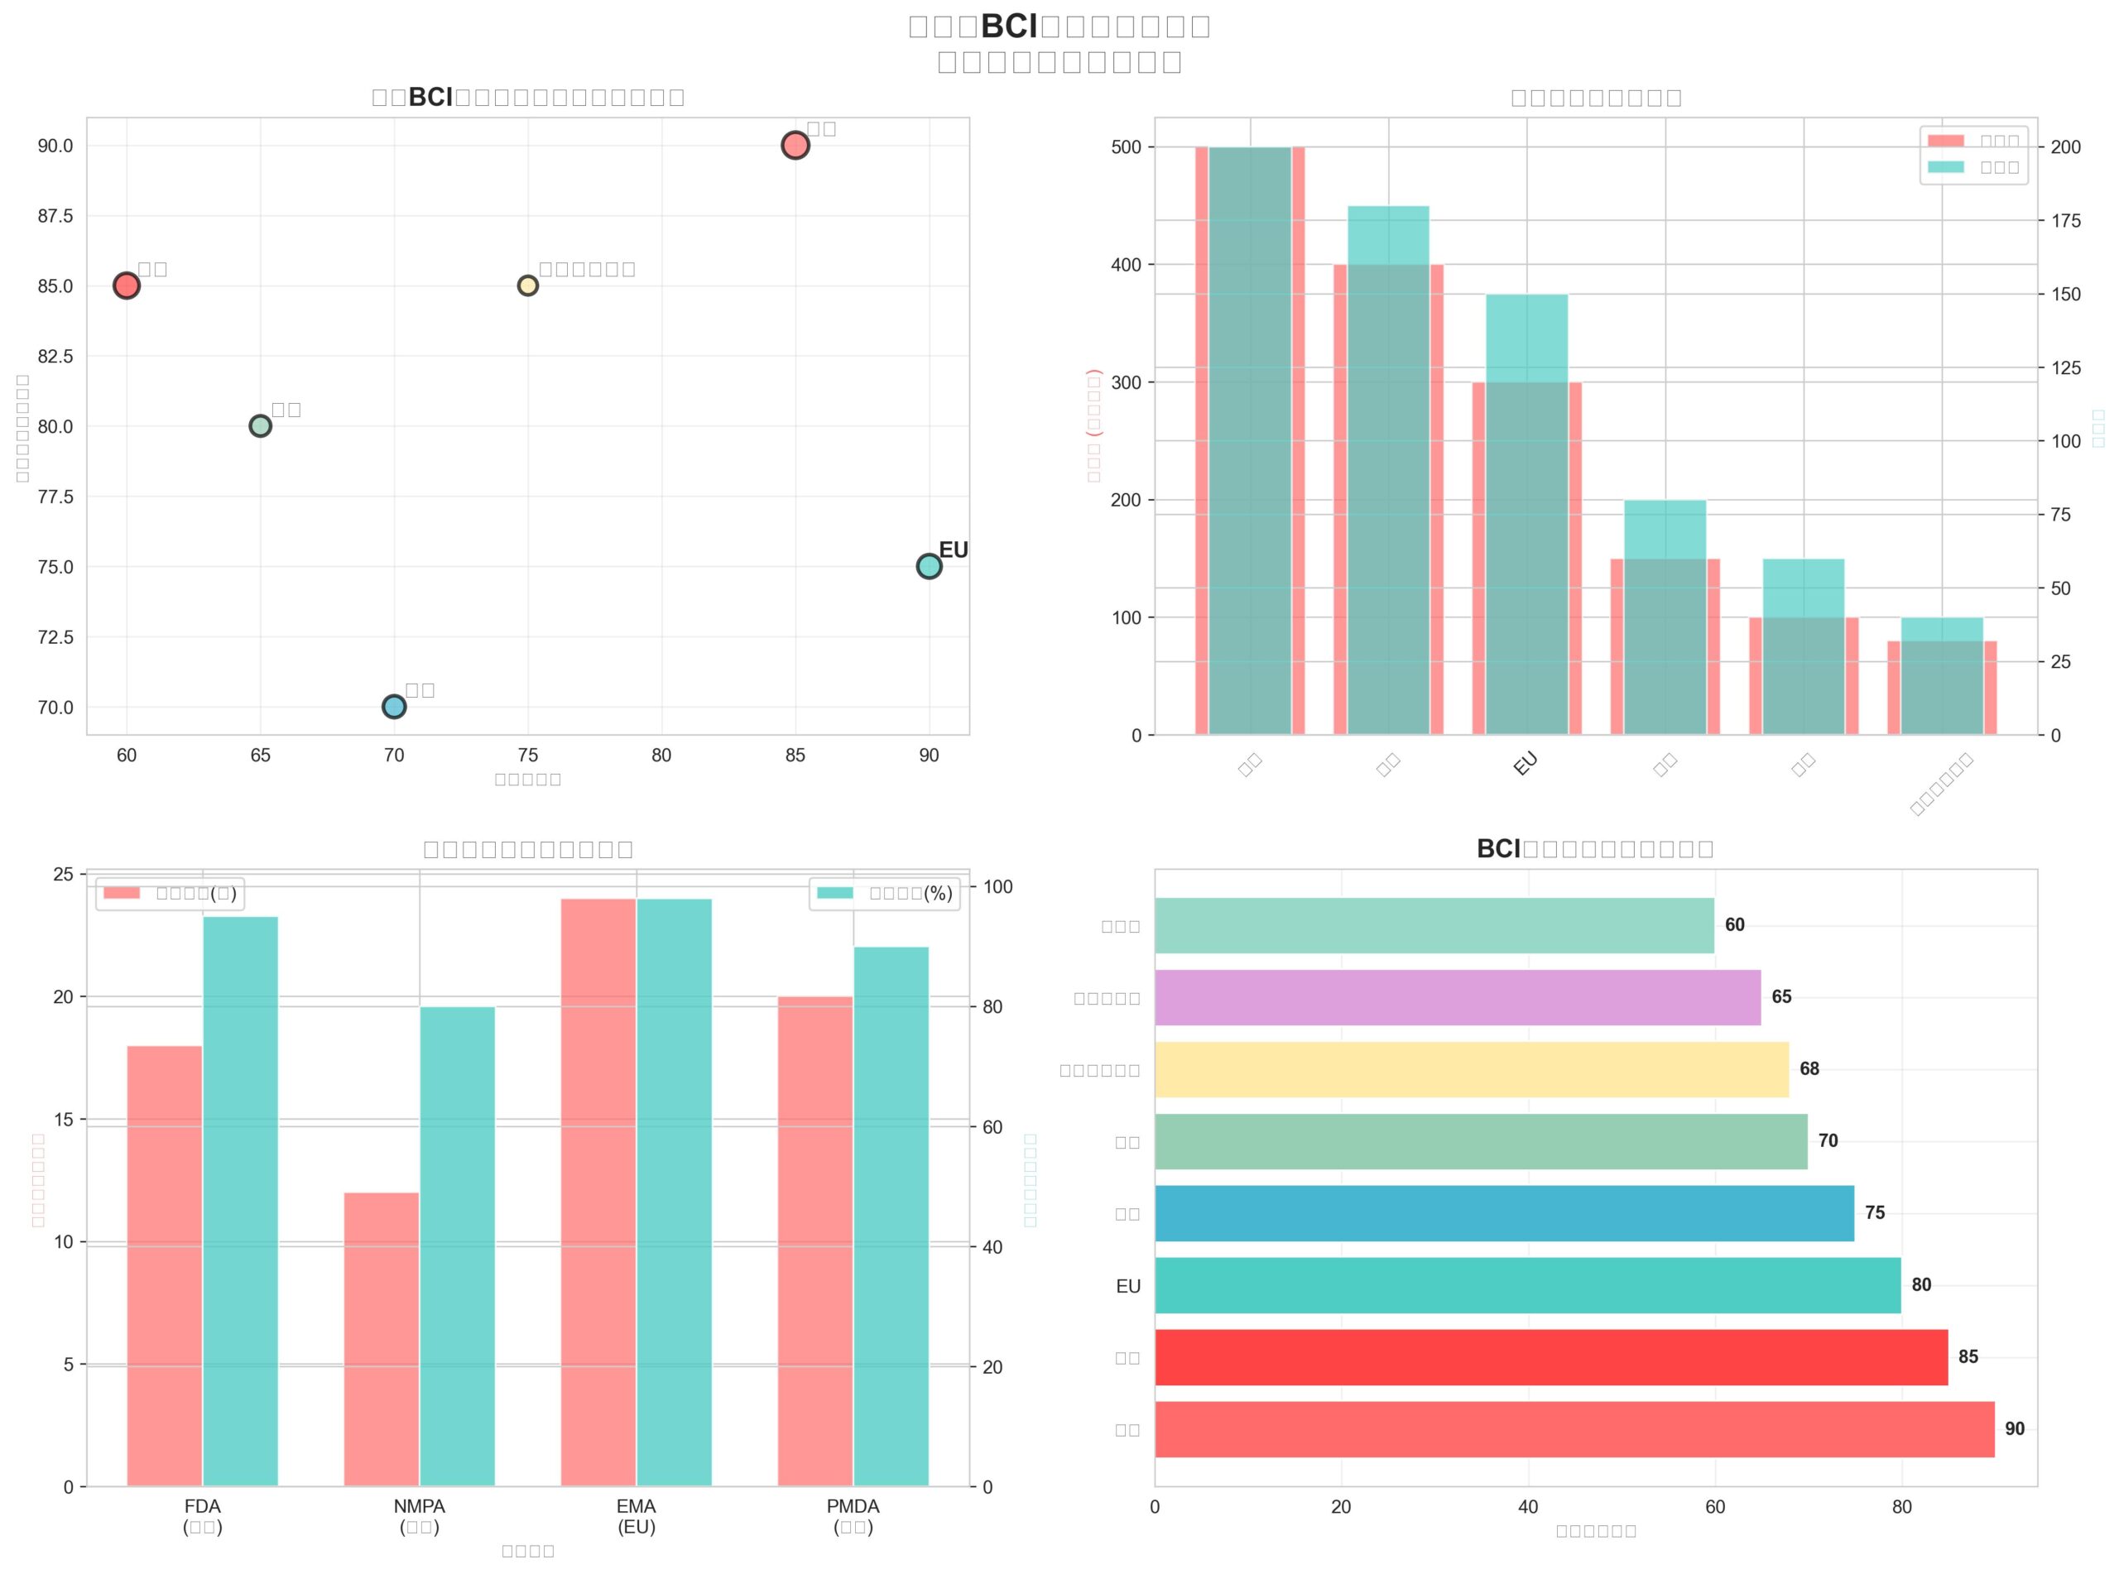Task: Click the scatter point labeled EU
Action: point(929,566)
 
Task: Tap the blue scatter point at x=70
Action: point(393,706)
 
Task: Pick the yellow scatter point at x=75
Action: point(528,286)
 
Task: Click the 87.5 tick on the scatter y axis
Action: point(55,216)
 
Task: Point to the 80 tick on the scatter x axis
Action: point(661,756)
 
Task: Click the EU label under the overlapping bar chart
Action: point(1525,764)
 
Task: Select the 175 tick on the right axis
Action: point(2066,221)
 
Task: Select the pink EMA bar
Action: point(598,1192)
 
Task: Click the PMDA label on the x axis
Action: point(853,1506)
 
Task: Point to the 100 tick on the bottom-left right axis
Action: point(997,887)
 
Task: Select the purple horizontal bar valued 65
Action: point(1458,997)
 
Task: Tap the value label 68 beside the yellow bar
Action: point(1809,1069)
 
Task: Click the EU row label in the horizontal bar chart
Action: point(1128,1286)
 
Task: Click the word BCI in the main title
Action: point(1009,26)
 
